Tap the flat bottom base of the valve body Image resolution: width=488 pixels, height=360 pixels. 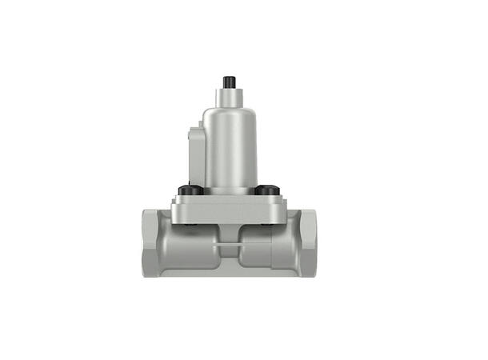click(x=228, y=274)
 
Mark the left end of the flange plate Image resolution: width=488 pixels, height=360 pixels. click(x=174, y=210)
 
